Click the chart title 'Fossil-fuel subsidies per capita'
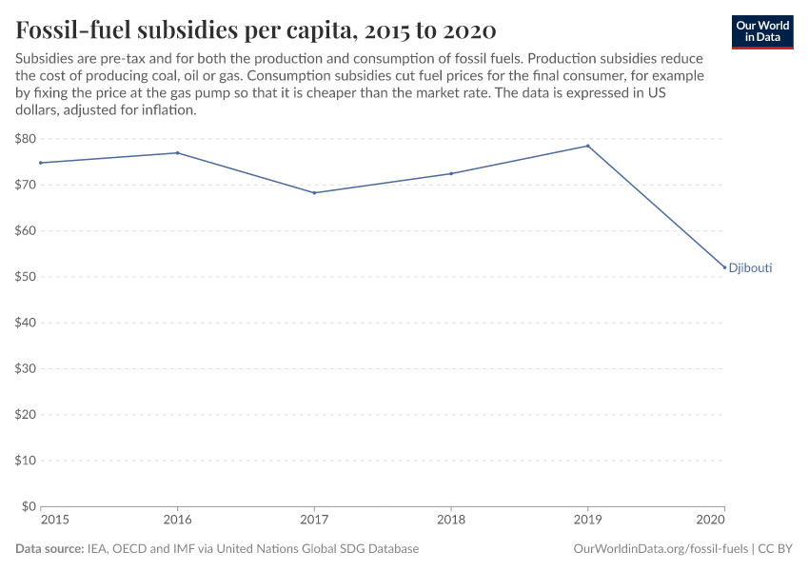point(255,30)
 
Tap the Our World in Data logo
point(761,31)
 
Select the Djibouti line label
point(750,268)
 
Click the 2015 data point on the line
point(41,163)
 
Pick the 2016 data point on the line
point(178,153)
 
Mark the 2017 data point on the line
point(314,193)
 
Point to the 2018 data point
point(451,173)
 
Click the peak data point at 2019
point(588,146)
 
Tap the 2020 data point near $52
point(724,267)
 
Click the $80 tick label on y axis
point(26,139)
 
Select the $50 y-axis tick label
point(26,277)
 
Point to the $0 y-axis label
point(29,506)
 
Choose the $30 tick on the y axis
point(26,369)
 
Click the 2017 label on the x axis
point(314,521)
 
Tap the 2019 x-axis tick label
point(588,521)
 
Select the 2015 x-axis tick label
point(55,521)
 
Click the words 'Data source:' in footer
point(49,549)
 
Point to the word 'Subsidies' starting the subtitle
point(43,59)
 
